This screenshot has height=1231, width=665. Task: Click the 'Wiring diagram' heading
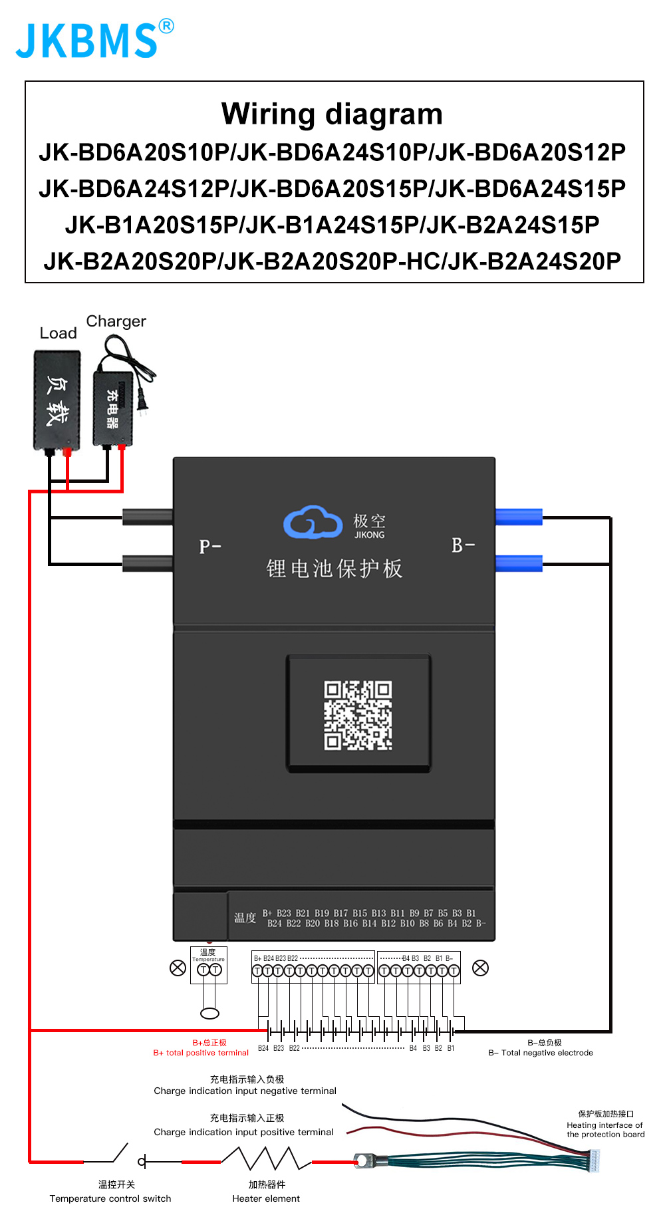(x=332, y=114)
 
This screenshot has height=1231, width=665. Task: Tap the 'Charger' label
(x=116, y=321)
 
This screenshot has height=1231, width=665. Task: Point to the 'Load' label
(x=58, y=333)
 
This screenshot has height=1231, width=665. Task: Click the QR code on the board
(x=358, y=715)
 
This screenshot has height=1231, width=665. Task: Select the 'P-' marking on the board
(x=210, y=547)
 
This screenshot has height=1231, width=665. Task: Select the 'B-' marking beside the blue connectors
(x=463, y=545)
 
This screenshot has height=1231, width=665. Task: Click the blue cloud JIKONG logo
(x=313, y=522)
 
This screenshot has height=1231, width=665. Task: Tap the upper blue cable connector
(x=519, y=517)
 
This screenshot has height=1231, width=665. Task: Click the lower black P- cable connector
(x=148, y=564)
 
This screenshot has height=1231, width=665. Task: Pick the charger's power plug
(x=142, y=401)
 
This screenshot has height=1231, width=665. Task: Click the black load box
(x=57, y=400)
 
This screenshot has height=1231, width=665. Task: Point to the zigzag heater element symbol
(x=266, y=1159)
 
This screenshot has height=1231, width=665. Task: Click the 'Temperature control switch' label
(x=110, y=1198)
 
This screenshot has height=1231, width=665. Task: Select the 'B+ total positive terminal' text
(x=201, y=1053)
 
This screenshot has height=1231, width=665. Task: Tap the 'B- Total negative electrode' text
(x=541, y=1053)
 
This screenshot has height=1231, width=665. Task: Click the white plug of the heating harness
(x=594, y=1161)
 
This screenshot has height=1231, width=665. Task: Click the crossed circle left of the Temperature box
(x=178, y=968)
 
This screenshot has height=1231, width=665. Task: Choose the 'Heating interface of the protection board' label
(x=605, y=1129)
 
